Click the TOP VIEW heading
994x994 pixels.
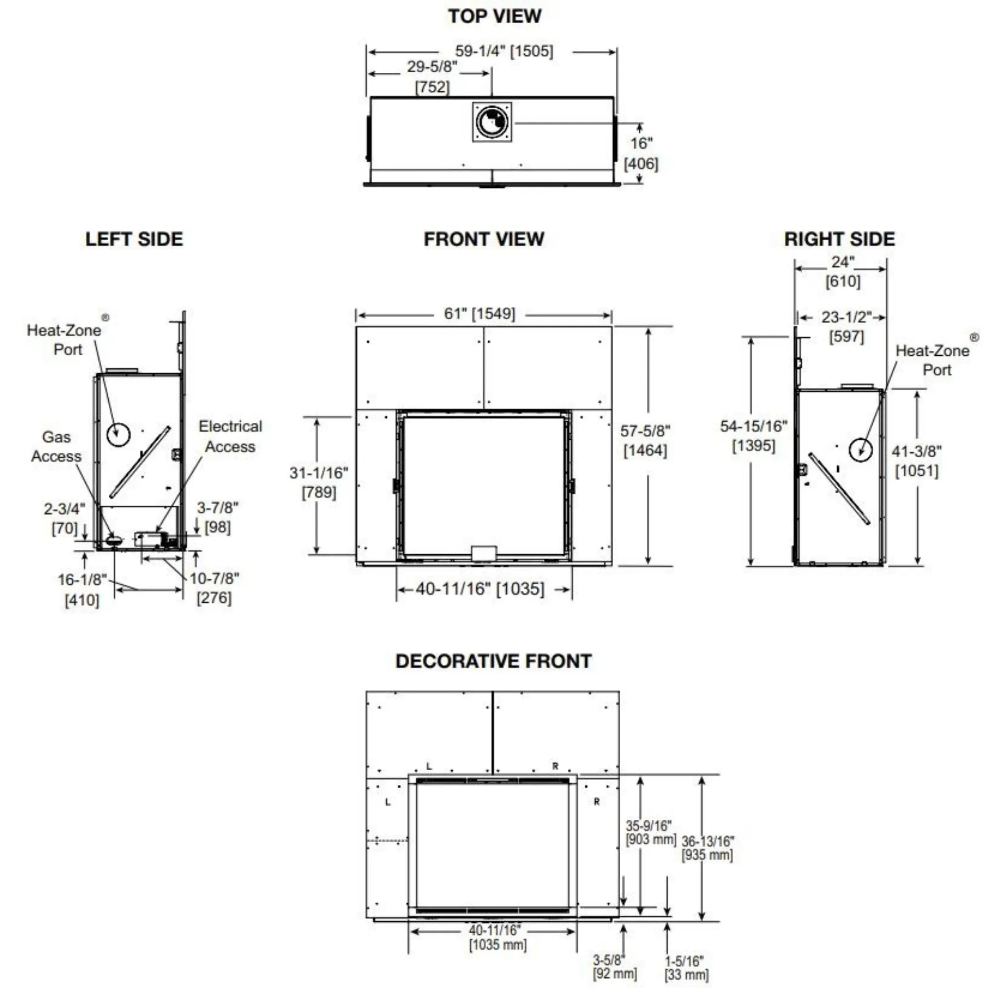point(495,16)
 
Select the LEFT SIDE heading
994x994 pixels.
point(134,239)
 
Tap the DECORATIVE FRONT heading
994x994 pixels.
point(494,661)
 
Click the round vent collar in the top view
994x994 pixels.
point(492,122)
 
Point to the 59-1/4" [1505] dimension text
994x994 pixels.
point(504,51)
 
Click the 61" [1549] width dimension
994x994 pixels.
point(480,314)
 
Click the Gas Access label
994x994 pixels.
point(56,447)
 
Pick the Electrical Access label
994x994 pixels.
point(231,436)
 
